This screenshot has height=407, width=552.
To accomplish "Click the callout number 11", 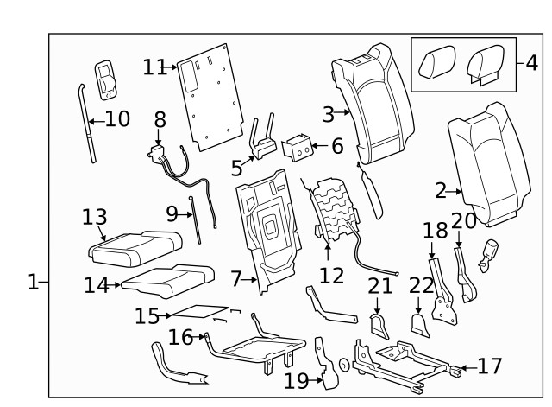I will click(154, 67).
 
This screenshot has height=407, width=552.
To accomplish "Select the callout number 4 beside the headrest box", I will click(530, 62).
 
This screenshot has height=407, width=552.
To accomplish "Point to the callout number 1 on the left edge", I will click(32, 282).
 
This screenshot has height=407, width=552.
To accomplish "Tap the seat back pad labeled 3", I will click(378, 104).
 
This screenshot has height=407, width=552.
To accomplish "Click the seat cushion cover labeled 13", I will click(129, 249).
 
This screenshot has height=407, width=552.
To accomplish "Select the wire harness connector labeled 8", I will click(161, 156).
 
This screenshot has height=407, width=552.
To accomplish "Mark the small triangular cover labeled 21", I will click(379, 325).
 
